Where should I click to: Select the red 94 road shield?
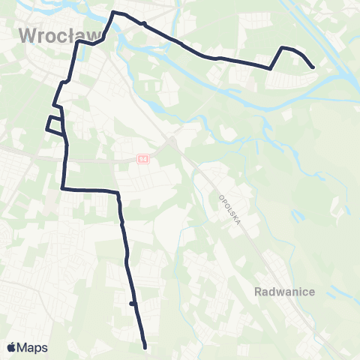[142, 159]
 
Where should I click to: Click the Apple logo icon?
[12, 347]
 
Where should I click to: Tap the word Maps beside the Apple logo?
[33, 347]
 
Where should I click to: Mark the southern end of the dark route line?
[144, 347]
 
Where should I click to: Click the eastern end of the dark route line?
[313, 67]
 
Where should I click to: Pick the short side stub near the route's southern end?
[131, 304]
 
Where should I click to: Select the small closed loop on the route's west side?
[54, 124]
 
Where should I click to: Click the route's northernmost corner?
[114, 13]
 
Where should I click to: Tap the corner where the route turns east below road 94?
[63, 188]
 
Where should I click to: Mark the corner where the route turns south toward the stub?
[118, 193]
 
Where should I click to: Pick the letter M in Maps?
[24, 347]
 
